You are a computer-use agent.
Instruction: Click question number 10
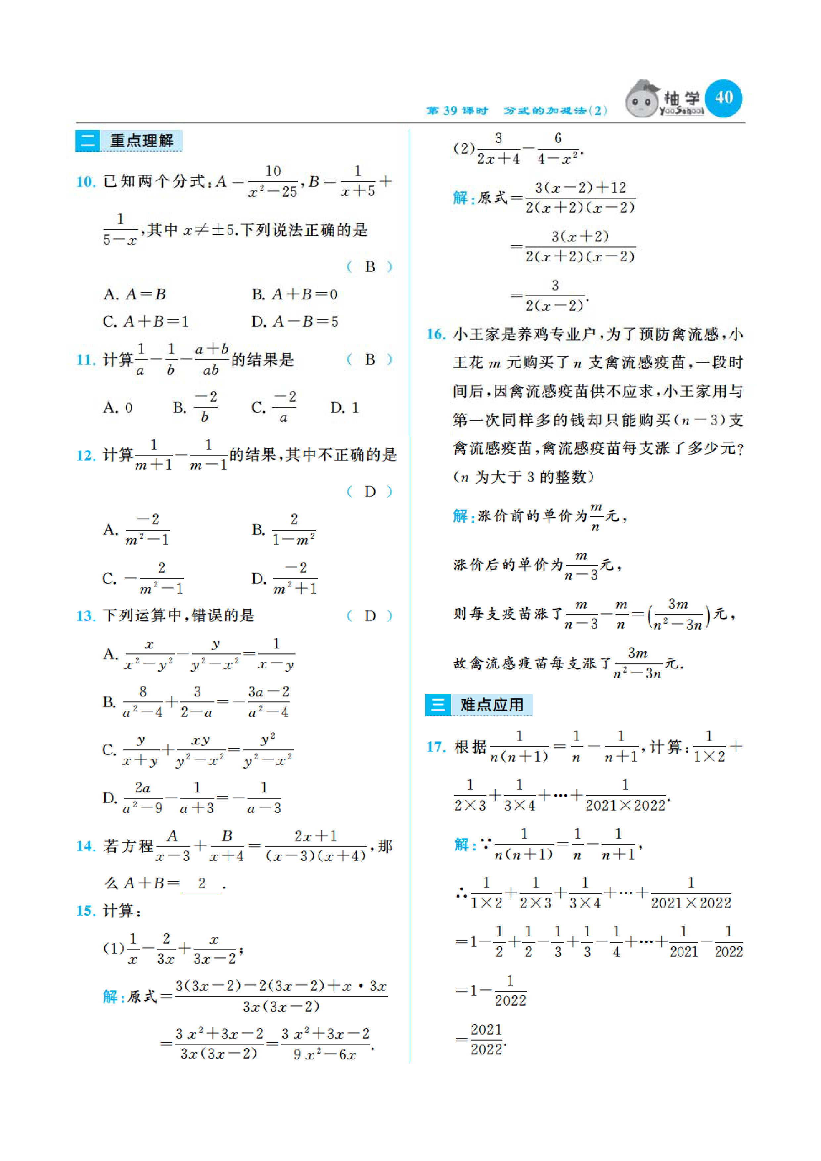coord(86,182)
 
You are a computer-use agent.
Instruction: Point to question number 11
coord(86,360)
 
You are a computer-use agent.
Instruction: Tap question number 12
coord(86,455)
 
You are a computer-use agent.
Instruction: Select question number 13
coord(86,616)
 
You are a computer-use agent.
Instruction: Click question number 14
coord(86,846)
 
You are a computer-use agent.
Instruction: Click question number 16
coord(436,334)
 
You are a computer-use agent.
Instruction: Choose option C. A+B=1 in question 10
coord(146,322)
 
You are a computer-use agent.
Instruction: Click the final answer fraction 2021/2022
coord(486,1039)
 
